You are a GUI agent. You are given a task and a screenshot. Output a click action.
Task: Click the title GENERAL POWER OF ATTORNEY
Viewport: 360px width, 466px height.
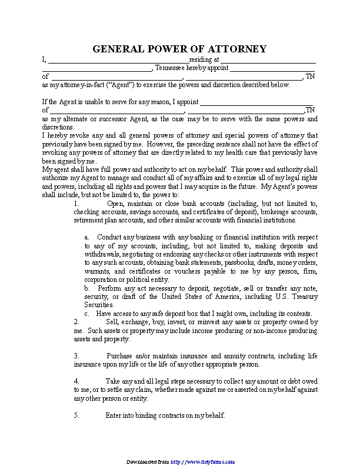coord(179,48)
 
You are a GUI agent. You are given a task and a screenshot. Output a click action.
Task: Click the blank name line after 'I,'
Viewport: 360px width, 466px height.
coord(118,61)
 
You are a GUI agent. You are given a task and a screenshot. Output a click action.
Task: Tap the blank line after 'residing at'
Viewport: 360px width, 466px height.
coord(268,61)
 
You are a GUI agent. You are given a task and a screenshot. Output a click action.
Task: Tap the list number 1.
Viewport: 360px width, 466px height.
coord(76,204)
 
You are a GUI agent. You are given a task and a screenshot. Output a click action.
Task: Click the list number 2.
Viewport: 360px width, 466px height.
coord(76,322)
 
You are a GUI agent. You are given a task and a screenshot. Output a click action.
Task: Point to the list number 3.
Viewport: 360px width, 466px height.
coord(76,356)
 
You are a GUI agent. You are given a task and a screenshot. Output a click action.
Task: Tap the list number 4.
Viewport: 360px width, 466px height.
coord(76,381)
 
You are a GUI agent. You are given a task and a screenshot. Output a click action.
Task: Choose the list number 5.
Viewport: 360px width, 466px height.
coord(76,415)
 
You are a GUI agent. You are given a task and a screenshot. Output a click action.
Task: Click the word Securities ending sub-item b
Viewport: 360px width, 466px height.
coord(99,305)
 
